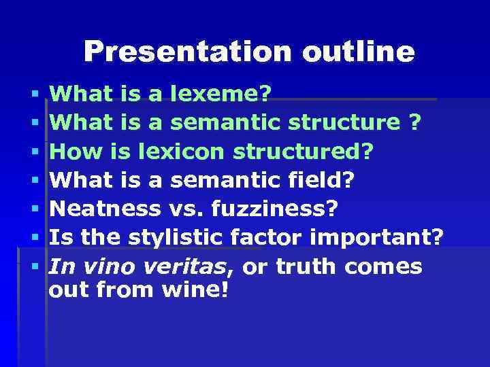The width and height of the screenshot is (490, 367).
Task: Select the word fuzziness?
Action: pyautogui.click(x=274, y=209)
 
